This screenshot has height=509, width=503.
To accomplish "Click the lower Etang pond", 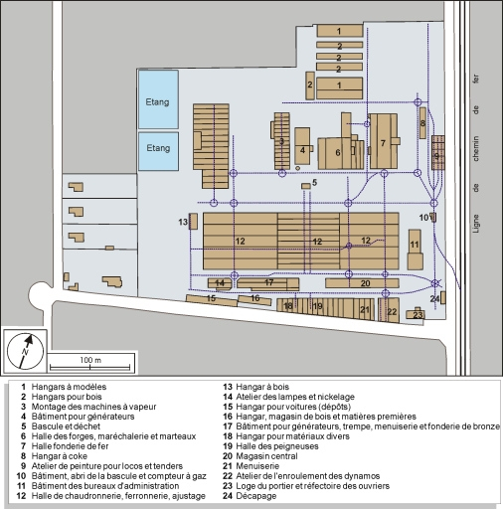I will [x=158, y=147].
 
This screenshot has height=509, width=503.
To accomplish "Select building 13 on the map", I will [x=193, y=221].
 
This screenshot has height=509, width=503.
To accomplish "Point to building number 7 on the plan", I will [x=382, y=142].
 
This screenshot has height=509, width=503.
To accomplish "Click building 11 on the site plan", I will [x=416, y=245].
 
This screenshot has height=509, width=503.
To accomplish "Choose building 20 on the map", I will [x=366, y=283].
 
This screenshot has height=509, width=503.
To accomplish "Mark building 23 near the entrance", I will [x=419, y=315].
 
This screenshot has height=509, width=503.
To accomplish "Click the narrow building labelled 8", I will [x=422, y=123].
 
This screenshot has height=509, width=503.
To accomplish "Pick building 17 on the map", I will [x=268, y=282].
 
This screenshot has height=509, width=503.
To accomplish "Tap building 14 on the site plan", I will [x=220, y=283].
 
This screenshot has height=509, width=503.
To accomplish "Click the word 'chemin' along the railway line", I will [x=476, y=150].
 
